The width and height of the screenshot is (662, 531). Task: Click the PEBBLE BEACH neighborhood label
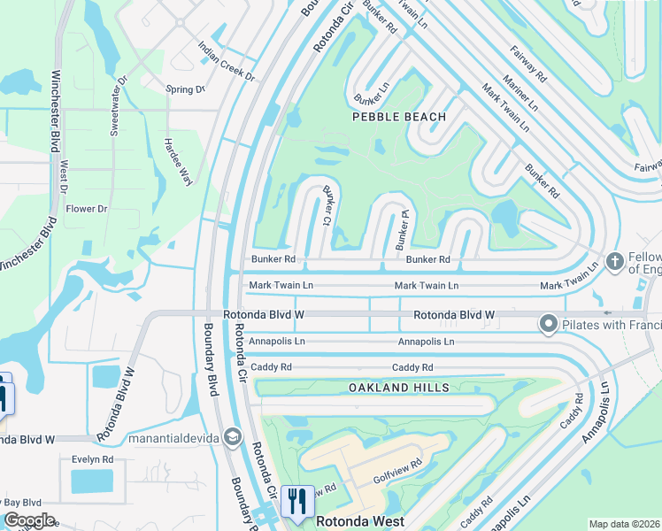pyautogui.click(x=398, y=117)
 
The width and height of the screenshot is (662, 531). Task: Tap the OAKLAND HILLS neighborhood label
pyautogui.click(x=399, y=388)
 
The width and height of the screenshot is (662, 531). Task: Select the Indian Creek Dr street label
pyautogui.click(x=226, y=61)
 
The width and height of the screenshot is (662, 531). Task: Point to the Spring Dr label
pyautogui.click(x=186, y=89)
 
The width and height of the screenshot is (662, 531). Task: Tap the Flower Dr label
pyautogui.click(x=87, y=209)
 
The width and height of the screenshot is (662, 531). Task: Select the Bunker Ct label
pyautogui.click(x=328, y=204)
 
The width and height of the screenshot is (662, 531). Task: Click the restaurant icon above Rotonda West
pyautogui.click(x=296, y=500)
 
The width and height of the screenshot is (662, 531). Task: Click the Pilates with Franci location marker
pyautogui.click(x=548, y=325)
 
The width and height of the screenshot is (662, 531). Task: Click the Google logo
pyautogui.click(x=29, y=520)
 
